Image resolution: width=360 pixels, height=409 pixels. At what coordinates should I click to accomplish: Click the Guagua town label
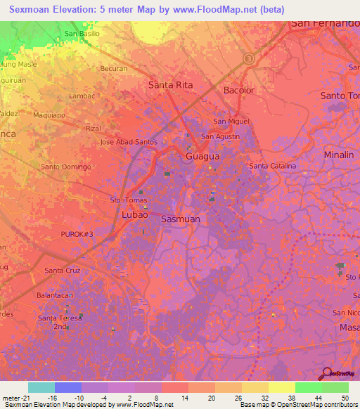pyautogui.click(x=202, y=156)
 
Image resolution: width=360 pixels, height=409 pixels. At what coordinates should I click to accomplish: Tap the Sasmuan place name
pyautogui.click(x=181, y=219)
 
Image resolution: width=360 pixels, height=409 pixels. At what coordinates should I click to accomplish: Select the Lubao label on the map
pyautogui.click(x=134, y=214)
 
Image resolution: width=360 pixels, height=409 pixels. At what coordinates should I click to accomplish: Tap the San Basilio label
pyautogui.click(x=82, y=33)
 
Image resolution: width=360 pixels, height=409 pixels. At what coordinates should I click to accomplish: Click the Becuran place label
pyautogui.click(x=114, y=68)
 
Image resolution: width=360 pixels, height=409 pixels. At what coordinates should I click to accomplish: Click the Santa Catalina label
pyautogui.click(x=273, y=166)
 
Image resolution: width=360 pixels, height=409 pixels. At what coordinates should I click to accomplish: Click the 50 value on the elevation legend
pyautogui.click(x=345, y=397)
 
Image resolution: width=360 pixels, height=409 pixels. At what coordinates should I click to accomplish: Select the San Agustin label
pyautogui.click(x=220, y=136)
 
